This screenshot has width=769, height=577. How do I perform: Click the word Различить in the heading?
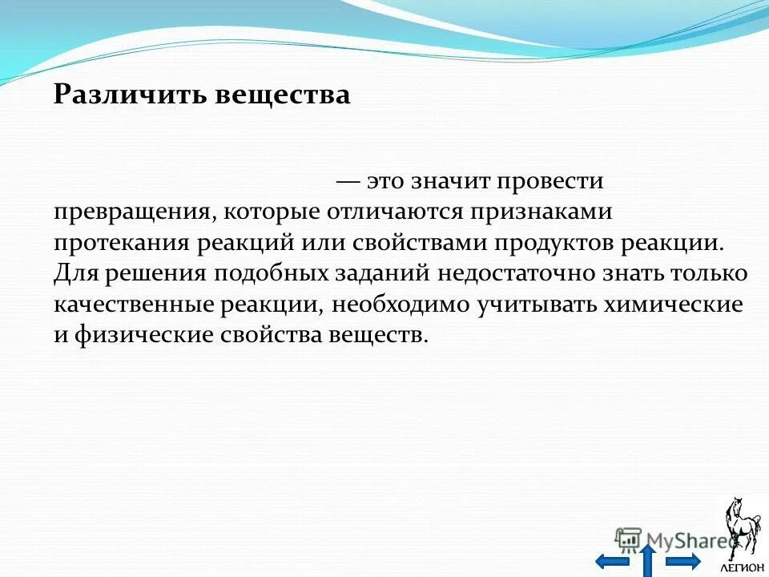[131, 95]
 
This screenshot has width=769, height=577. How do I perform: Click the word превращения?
[133, 212]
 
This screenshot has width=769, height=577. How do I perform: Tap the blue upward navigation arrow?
[648, 559]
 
